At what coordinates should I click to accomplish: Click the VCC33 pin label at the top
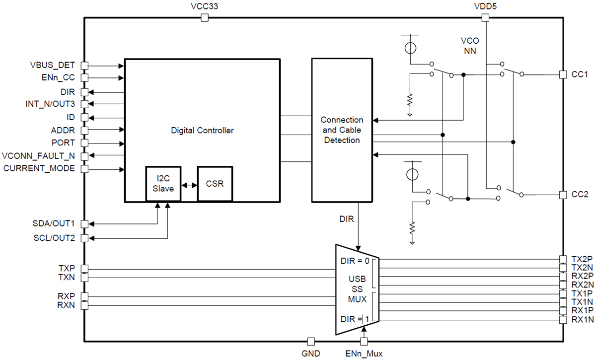[204, 6]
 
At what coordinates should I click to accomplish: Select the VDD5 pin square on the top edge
[486, 18]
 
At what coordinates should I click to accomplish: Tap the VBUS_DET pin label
[53, 66]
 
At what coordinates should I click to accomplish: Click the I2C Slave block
[163, 184]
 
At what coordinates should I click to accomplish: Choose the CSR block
[215, 184]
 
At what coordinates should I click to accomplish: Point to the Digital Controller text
[202, 131]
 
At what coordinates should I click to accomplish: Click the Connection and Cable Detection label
[342, 130]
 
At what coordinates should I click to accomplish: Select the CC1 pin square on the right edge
[563, 74]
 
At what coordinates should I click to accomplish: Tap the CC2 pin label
[580, 194]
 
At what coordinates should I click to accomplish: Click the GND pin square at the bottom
[311, 342]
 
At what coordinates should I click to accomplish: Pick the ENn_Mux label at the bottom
[364, 354]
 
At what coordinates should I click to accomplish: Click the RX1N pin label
[582, 334]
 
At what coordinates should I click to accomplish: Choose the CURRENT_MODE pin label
[39, 168]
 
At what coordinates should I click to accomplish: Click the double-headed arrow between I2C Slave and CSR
[189, 185]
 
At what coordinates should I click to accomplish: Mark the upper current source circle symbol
[410, 48]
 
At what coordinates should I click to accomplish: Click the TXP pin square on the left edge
[84, 269]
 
